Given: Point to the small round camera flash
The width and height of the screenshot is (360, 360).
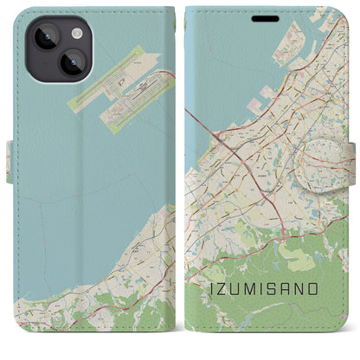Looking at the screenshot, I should pyautogui.click(x=77, y=33).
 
